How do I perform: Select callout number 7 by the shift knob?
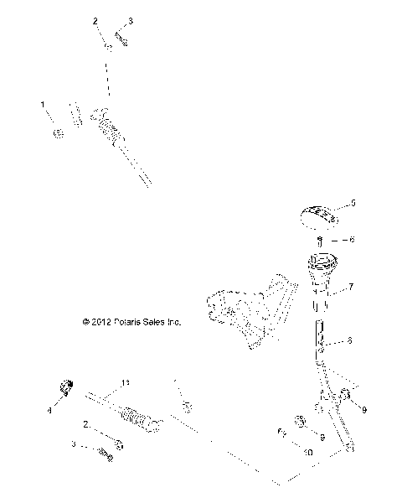click(x=351, y=287)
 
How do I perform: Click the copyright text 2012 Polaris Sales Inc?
click(x=131, y=321)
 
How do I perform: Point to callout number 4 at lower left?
click(x=49, y=411)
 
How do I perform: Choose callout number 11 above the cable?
click(x=126, y=383)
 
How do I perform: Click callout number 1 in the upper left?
click(x=43, y=105)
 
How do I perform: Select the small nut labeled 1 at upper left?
click(x=58, y=133)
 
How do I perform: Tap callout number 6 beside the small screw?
click(x=352, y=240)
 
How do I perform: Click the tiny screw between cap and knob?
click(x=323, y=240)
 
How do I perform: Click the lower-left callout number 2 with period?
click(x=86, y=425)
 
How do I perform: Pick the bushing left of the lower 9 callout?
click(x=298, y=421)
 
